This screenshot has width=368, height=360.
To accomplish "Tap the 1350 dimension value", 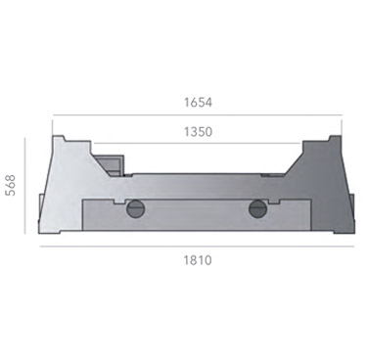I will coord(197,131).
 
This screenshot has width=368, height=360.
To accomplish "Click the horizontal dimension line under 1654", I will coord(197,115).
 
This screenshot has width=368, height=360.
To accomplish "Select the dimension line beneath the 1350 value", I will coord(197,144).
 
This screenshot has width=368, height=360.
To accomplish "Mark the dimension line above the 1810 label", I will coord(196,246).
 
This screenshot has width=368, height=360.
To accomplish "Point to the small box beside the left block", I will coord(111,157).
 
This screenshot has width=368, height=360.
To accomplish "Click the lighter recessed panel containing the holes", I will coord(196,213).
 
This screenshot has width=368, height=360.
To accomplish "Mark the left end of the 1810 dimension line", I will coord(40,246).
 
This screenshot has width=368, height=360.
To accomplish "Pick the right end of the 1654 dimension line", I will coord(340,115).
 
